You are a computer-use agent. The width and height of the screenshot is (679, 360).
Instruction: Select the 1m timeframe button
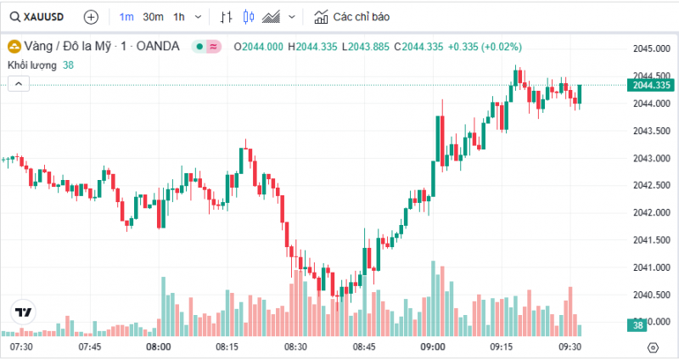coord(126,17)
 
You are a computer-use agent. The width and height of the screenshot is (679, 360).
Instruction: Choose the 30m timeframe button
coord(153,17)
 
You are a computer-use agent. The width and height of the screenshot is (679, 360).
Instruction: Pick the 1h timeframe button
coord(178,17)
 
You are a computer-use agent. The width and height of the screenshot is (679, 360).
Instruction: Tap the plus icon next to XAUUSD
coord(92,17)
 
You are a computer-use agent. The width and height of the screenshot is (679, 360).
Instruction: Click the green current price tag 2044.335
coord(651,85)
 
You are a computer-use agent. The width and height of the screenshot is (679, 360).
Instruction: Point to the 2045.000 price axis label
coord(651,48)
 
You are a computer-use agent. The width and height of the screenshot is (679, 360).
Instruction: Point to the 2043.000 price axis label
coord(651,158)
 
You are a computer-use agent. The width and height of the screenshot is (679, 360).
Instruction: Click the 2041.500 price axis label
coord(651,240)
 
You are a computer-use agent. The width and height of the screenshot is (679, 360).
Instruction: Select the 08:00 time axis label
coord(159,347)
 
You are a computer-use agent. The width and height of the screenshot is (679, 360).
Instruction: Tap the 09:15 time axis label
coord(502,347)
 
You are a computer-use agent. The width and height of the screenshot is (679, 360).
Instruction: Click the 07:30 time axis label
coord(21,347)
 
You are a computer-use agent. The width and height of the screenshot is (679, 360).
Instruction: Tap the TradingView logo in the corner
coord(22,312)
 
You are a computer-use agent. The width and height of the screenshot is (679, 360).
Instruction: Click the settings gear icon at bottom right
coord(652,347)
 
